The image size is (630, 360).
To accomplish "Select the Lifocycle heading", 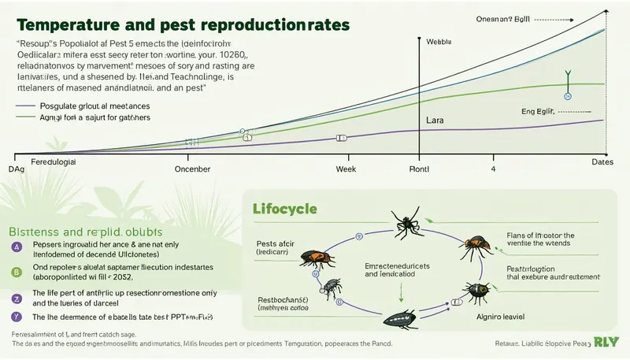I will [x=284, y=210].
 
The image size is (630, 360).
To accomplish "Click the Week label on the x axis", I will [x=346, y=169].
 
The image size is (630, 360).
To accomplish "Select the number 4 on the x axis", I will [x=494, y=169].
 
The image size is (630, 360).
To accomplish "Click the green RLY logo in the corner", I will [x=603, y=342].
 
